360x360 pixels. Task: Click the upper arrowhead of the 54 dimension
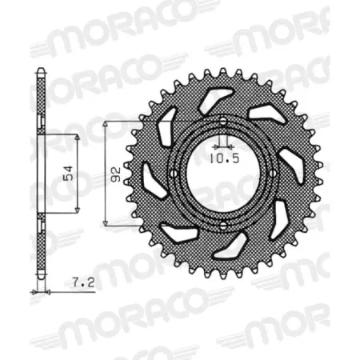pyautogui.click(x=78, y=138)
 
